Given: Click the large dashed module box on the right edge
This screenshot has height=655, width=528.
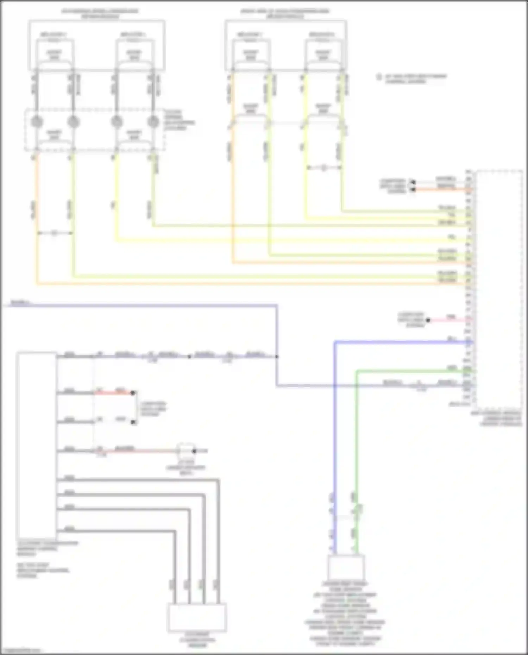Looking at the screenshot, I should tap(499, 287).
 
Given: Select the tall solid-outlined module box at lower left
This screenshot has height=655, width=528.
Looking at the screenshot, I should tap(37, 445).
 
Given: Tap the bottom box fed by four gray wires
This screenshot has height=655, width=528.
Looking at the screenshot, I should tap(197, 618).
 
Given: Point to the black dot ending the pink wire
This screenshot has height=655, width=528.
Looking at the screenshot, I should tap(428, 320).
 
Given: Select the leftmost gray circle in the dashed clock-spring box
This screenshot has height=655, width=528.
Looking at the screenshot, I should tap(37, 122).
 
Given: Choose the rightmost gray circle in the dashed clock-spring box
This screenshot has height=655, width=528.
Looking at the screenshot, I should tap(153, 122).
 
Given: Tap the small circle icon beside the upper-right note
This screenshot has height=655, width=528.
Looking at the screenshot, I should tap(379, 77).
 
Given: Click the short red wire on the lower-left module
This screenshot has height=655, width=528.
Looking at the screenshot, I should tap(116, 393).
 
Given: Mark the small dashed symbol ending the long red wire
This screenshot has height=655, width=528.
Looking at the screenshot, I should tap(186, 451).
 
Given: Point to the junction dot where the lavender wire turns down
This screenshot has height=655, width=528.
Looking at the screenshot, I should tap(277, 357).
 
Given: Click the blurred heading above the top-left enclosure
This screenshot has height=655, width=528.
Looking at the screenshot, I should tap(100, 13).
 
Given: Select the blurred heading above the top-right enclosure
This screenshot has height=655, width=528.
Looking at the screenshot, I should tap(285, 13).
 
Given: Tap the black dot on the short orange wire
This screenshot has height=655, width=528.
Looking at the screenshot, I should tap(413, 190).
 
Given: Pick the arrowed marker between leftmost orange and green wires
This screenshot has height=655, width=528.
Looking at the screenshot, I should tap(54, 233).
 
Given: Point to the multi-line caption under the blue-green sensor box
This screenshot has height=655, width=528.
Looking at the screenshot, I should tap(345, 614).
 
